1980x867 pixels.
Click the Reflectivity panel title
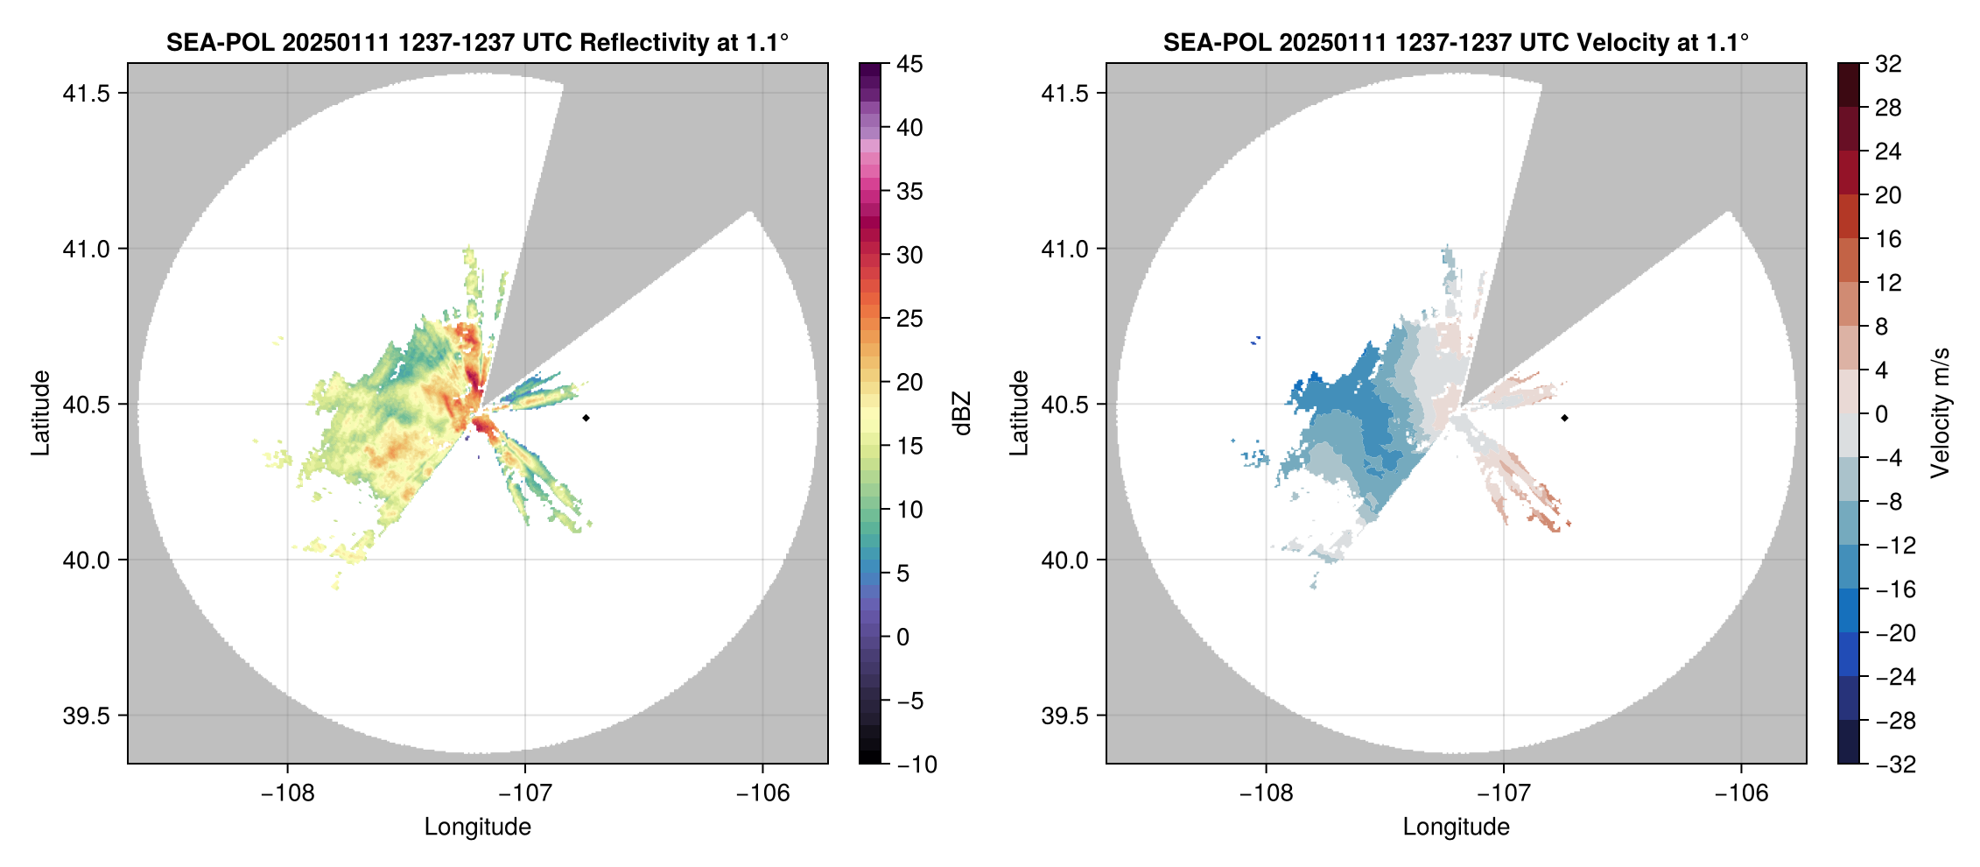tap(477, 42)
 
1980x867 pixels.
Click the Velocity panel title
tap(1456, 42)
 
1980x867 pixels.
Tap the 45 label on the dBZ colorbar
tap(909, 64)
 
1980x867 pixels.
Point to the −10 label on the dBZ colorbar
tap(916, 765)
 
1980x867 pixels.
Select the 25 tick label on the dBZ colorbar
tap(909, 319)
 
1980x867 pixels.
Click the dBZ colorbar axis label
tap(962, 413)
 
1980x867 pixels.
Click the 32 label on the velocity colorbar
tap(1888, 64)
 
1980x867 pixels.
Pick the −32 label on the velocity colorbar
tap(1895, 765)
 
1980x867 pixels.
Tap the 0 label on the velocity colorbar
tap(1881, 414)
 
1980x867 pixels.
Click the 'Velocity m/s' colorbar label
tap(1941, 413)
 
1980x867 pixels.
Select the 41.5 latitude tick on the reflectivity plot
tap(86, 94)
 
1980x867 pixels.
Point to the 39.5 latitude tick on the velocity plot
tap(1064, 715)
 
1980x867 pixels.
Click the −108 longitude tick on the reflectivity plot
tap(287, 793)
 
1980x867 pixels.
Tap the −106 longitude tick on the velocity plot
tap(1741, 793)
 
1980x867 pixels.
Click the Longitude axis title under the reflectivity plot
tap(477, 827)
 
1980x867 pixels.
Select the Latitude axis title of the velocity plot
tap(1018, 413)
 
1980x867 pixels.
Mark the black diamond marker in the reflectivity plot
tap(586, 418)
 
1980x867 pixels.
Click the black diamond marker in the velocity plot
tap(1564, 418)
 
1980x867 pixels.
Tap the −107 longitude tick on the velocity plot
tap(1503, 793)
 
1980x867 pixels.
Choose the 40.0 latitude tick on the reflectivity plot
tap(86, 560)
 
